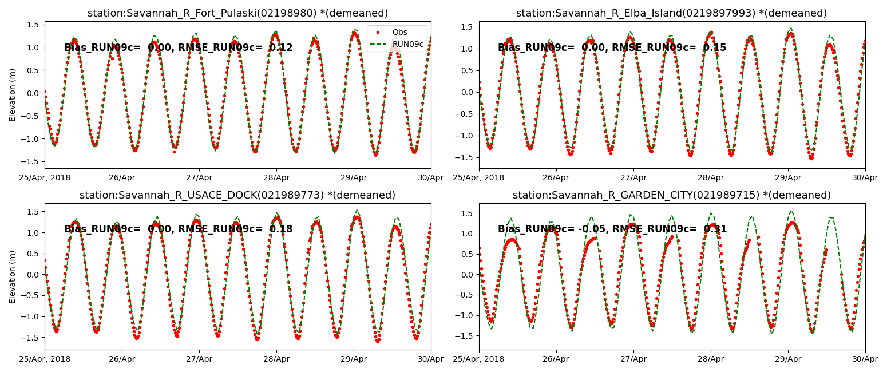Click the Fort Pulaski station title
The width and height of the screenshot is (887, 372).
click(x=237, y=13)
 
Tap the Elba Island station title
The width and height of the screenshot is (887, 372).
click(x=671, y=13)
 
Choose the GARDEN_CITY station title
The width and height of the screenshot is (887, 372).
click(x=671, y=195)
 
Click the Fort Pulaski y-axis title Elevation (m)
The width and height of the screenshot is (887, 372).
click(x=13, y=95)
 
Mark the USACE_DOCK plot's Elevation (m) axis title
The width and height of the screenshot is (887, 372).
click(x=13, y=276)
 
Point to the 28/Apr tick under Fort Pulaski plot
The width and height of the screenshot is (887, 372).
click(x=276, y=177)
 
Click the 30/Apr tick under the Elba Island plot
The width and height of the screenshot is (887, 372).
click(x=865, y=177)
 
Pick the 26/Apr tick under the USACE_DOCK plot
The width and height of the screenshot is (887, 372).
click(x=122, y=359)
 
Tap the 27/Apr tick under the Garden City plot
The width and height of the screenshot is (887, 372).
click(x=633, y=359)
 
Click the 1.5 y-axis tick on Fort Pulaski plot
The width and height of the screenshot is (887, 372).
click(x=33, y=25)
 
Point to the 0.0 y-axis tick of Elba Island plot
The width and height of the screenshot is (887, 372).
click(x=466, y=92)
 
